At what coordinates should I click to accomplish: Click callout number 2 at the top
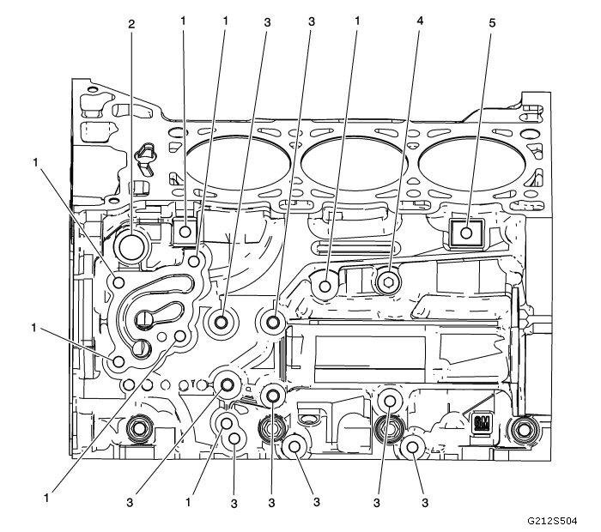click(131, 24)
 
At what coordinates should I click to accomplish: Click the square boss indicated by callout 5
click(465, 232)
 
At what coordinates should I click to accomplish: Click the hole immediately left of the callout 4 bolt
click(327, 284)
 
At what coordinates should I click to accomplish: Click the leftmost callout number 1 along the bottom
click(46, 497)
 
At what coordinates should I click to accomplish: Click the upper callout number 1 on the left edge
click(36, 162)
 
